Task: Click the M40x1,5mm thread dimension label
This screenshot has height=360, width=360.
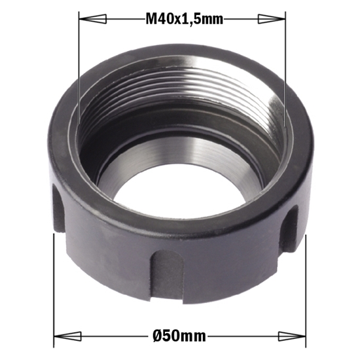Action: tap(184, 20)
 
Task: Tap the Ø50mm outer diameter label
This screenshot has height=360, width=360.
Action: tap(179, 337)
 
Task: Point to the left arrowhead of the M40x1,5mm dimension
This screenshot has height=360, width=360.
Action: tap(88, 20)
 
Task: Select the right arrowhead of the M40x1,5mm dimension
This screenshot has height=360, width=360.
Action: tap(278, 20)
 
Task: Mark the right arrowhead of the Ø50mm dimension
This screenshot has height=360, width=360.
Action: tap(297, 337)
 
